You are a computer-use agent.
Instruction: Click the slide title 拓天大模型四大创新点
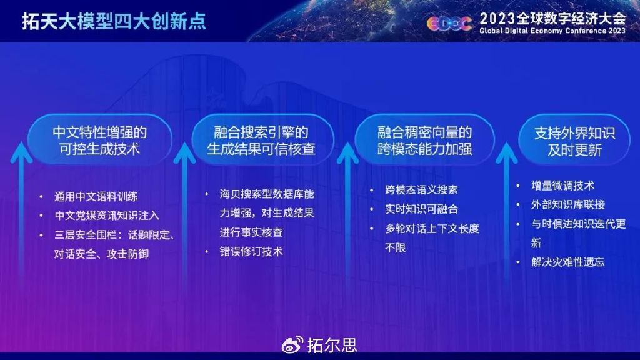114,21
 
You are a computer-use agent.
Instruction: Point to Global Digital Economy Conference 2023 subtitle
552,31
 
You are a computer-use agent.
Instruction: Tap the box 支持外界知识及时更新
574,141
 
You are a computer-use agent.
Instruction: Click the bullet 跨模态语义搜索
421,190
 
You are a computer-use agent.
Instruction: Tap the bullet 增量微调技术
562,186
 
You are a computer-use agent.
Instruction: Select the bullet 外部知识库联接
568,204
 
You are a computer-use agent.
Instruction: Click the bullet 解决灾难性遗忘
568,262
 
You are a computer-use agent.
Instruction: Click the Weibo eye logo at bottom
293,344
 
